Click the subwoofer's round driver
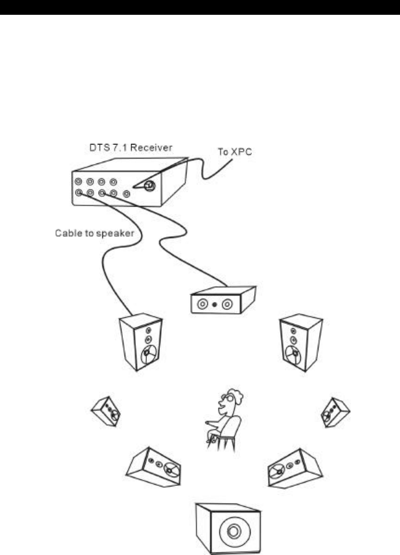(234, 531)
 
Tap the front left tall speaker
(141, 342)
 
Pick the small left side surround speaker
(106, 410)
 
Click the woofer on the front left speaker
(149, 356)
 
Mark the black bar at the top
(200, 7)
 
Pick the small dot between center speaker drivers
(214, 305)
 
